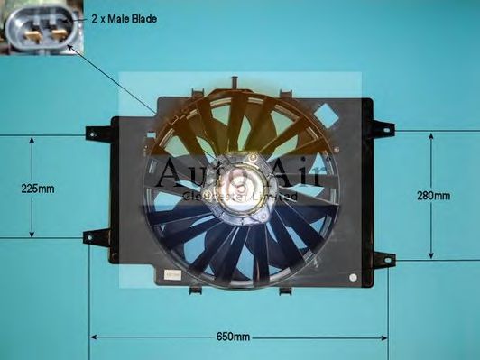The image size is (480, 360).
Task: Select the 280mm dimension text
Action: (434, 195)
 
